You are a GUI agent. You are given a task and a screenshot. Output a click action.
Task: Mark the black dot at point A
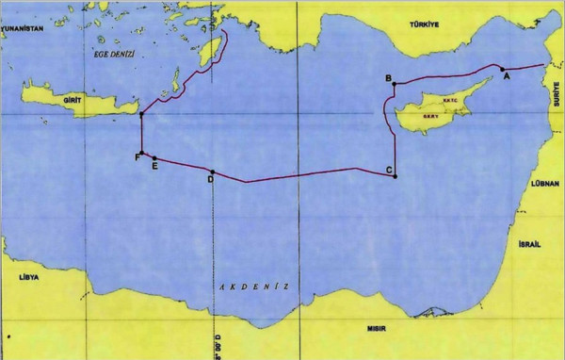click(x=503, y=69)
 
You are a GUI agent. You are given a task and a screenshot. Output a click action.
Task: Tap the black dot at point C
click(x=395, y=176)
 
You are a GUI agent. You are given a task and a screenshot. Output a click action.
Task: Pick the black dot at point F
click(x=141, y=154)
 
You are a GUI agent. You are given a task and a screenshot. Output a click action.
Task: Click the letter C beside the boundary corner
click(x=389, y=170)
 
